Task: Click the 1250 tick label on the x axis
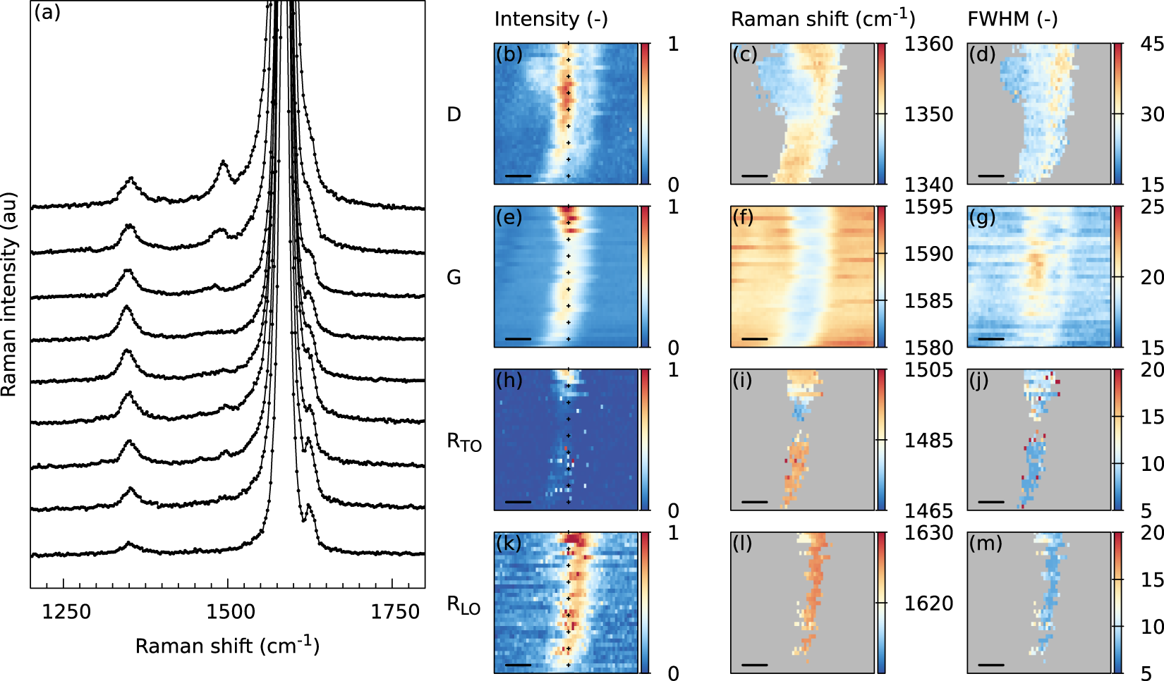coord(66,611)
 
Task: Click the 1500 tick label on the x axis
coord(231,611)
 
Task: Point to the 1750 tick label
coord(395,611)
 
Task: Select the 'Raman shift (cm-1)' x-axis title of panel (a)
coord(227,645)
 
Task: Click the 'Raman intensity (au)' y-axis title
coord(9,294)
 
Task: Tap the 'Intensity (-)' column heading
coord(550,19)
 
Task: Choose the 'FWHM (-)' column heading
coord(1012,19)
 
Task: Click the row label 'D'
coord(454,114)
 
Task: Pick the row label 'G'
coord(454,278)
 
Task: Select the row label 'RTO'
coord(463,442)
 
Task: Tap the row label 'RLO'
coord(463,605)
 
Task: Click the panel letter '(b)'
coord(509,54)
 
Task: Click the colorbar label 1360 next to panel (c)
coord(928,44)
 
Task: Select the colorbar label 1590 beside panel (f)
coord(928,254)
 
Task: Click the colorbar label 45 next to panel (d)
coord(1152,44)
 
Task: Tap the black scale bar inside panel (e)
coord(519,338)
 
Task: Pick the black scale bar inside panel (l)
coord(755,664)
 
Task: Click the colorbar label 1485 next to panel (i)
coord(928,441)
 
